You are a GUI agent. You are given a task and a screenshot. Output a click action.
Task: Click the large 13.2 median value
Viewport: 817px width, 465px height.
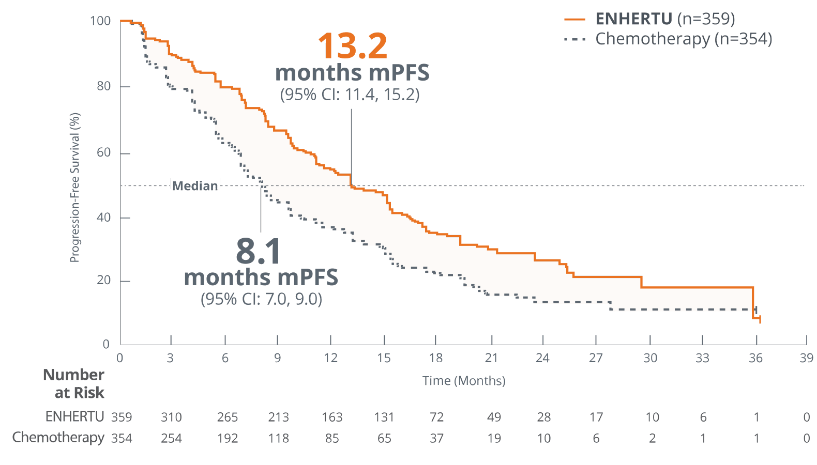click(352, 47)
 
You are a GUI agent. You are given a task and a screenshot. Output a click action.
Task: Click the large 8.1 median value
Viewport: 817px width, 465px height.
click(259, 252)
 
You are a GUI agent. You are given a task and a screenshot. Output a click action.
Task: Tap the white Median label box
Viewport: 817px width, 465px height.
click(195, 185)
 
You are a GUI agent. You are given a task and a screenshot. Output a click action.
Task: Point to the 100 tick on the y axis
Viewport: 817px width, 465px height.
click(100, 21)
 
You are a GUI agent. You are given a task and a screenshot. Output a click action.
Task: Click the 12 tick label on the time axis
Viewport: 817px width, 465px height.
click(331, 358)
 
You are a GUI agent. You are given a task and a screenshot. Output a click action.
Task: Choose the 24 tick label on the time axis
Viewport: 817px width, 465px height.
click(542, 358)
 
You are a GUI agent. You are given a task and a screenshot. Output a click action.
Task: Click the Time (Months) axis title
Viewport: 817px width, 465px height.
click(464, 381)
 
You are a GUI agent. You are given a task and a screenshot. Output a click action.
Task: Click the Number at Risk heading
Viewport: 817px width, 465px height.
click(74, 383)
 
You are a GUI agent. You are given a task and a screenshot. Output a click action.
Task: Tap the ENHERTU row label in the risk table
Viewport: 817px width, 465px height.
click(74, 416)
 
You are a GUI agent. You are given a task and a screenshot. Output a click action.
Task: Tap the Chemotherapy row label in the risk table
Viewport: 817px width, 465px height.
click(58, 438)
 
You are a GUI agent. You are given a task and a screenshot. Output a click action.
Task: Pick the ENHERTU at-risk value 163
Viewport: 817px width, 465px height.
click(331, 417)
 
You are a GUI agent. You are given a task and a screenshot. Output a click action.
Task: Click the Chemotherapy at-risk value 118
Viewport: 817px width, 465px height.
click(278, 438)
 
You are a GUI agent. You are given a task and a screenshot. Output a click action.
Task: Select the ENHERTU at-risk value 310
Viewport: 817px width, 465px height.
click(171, 417)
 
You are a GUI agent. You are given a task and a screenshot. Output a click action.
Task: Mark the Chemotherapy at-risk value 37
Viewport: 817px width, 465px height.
click(436, 438)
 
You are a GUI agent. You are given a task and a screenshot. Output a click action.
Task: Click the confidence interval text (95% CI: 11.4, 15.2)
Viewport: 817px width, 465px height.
click(350, 95)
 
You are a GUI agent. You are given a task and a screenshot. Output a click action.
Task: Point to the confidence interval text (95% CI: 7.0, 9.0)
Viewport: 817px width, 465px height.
click(261, 299)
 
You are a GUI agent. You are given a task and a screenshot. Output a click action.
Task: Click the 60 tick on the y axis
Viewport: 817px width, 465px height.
click(103, 152)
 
